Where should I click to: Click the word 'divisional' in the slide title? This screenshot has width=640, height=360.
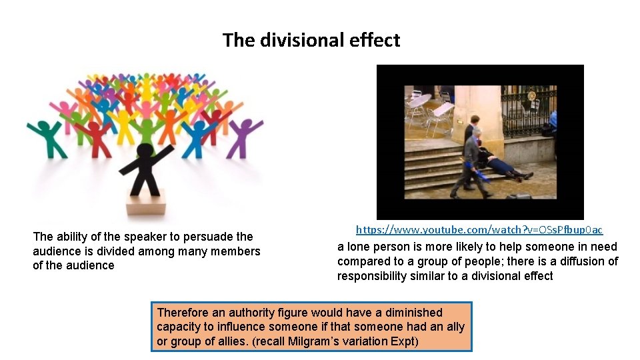coord(297,40)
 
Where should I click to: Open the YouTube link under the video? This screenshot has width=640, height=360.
coord(479,229)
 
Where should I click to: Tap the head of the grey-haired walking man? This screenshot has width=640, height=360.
coord(475,133)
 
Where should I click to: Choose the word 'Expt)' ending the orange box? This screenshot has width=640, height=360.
coord(403,341)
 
